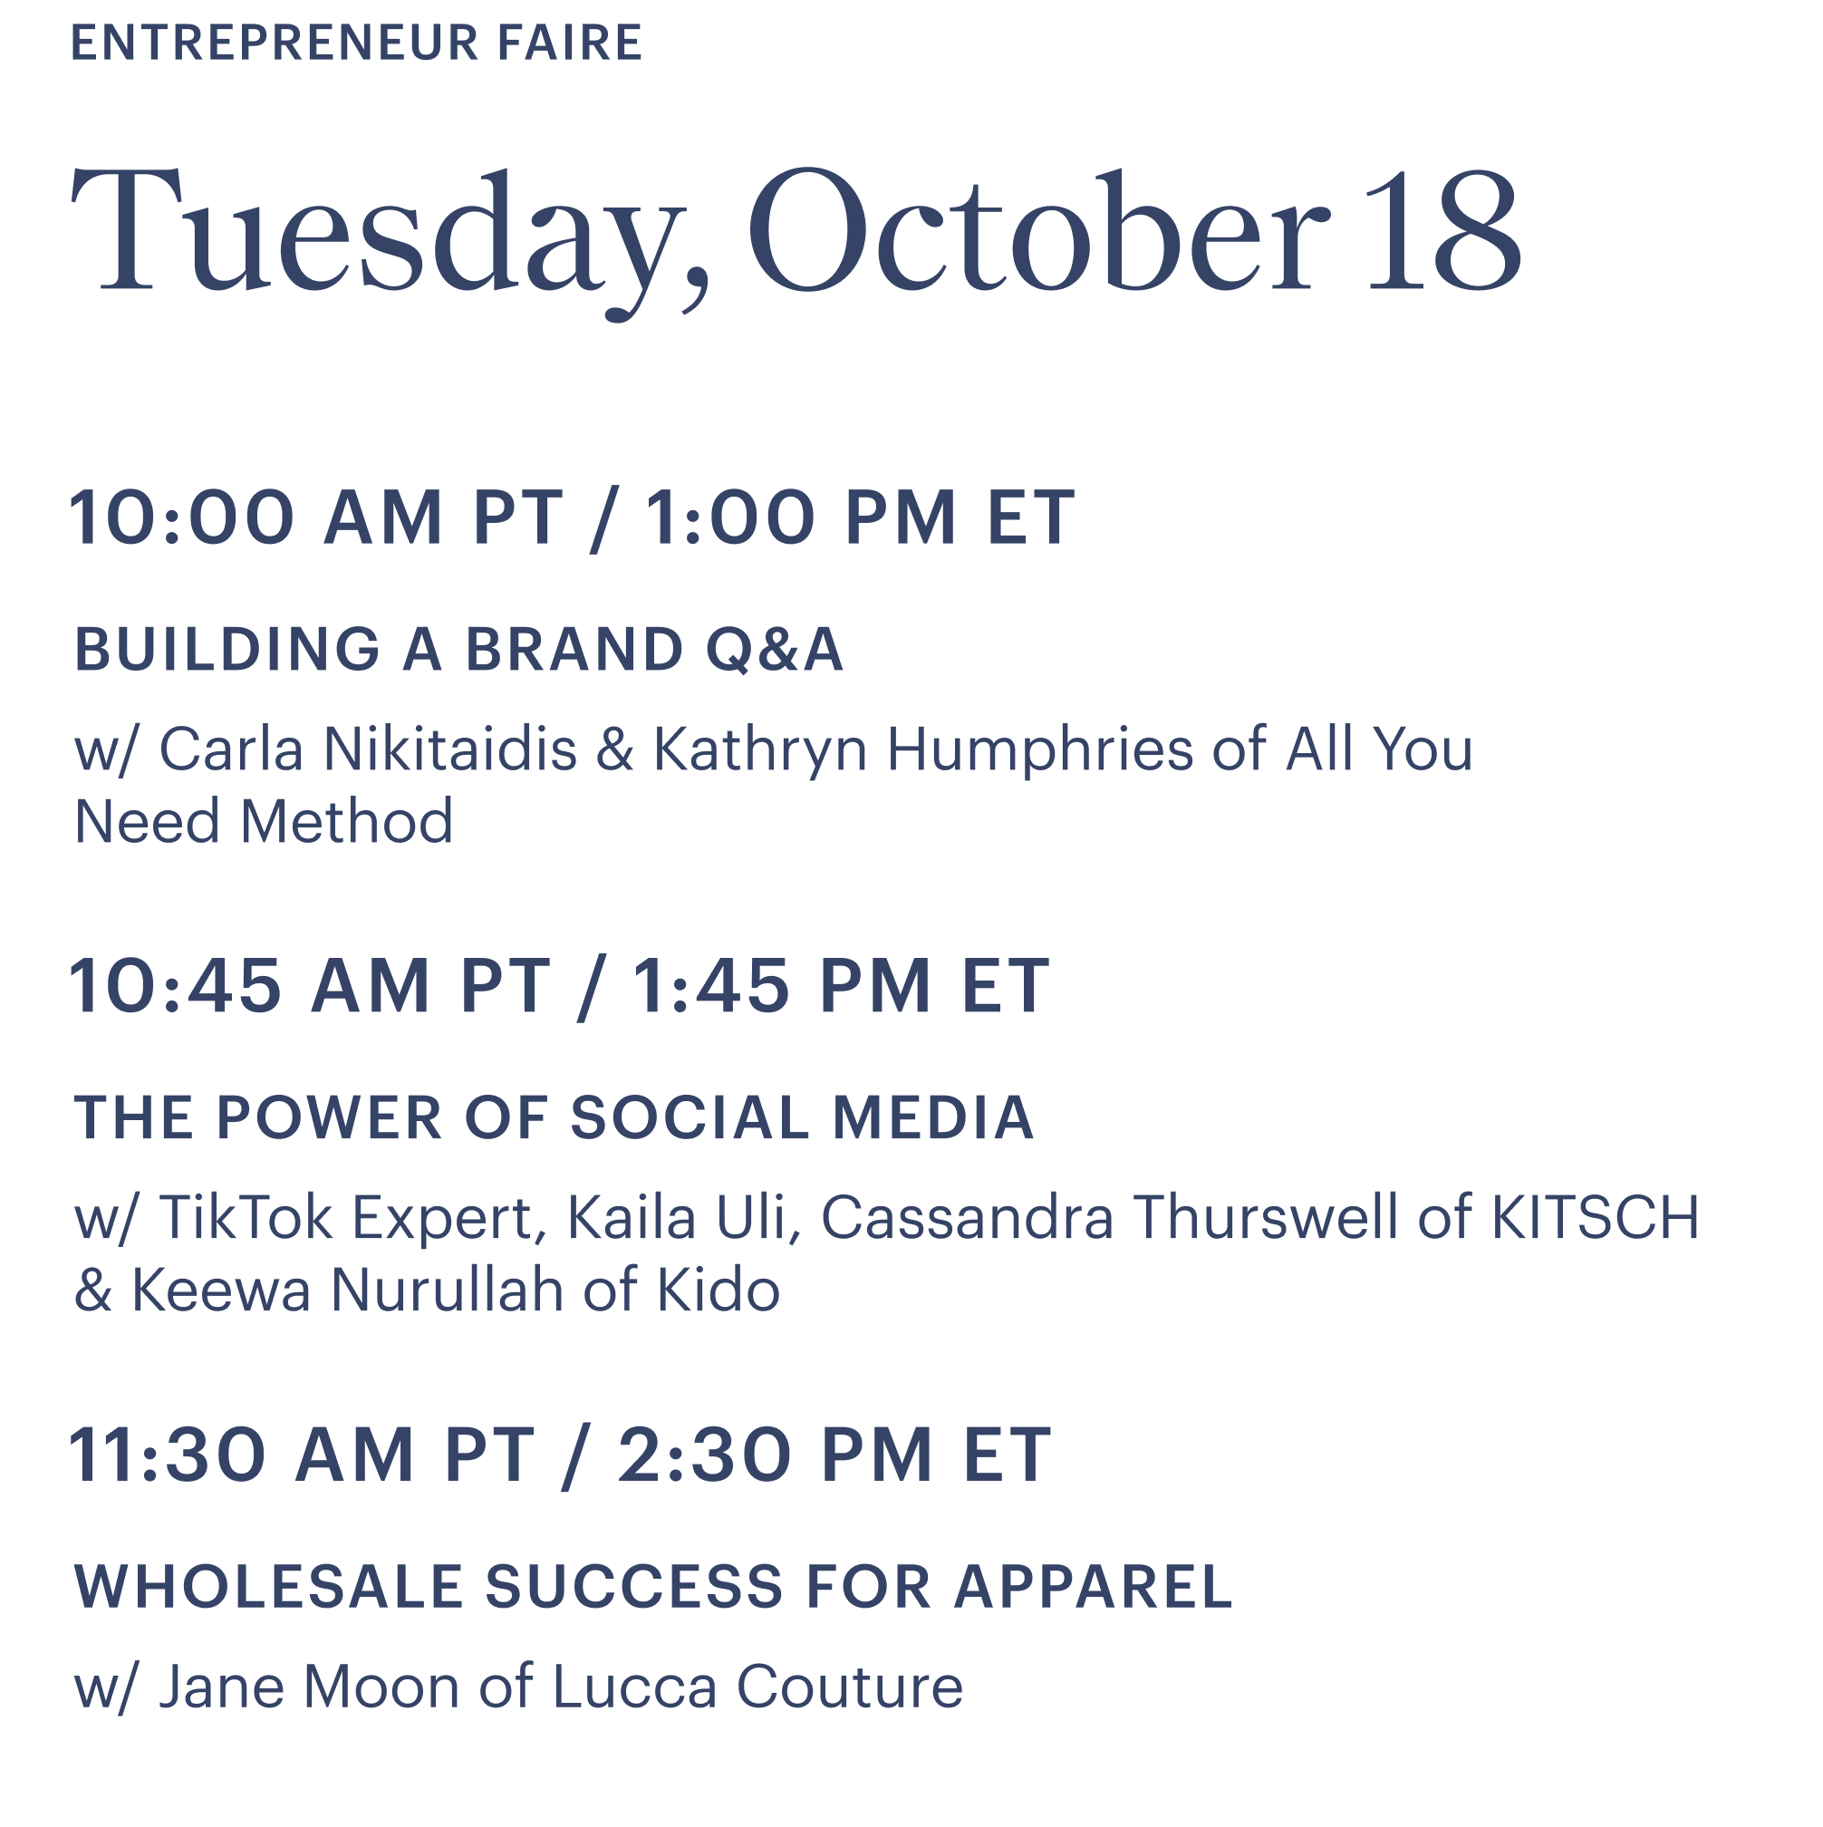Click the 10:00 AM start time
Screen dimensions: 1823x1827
click(256, 518)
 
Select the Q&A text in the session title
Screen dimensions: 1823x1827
click(775, 651)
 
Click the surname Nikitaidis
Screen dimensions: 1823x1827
click(450, 749)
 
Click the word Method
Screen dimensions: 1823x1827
click(346, 822)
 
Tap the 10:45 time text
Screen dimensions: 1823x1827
click(176, 986)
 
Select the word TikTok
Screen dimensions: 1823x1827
click(245, 1217)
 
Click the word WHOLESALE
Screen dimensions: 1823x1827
click(268, 1586)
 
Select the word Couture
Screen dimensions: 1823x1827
click(849, 1687)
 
